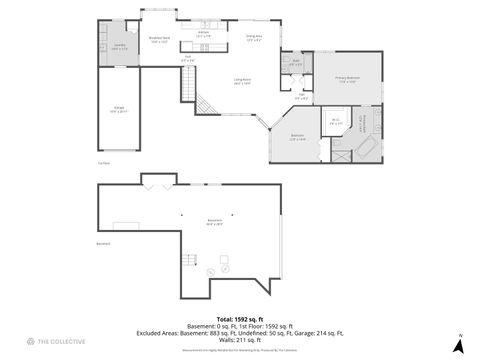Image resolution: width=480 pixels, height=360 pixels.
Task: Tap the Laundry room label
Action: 119,46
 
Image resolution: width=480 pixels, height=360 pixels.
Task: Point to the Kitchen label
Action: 203,33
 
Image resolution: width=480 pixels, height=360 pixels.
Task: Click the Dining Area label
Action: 254,40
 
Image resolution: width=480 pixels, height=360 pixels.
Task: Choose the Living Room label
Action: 242,83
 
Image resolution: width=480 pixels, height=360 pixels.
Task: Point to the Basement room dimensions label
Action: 214,222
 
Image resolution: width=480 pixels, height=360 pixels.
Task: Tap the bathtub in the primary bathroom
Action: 367,149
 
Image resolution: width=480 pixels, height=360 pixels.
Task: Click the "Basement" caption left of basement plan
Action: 103,243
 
